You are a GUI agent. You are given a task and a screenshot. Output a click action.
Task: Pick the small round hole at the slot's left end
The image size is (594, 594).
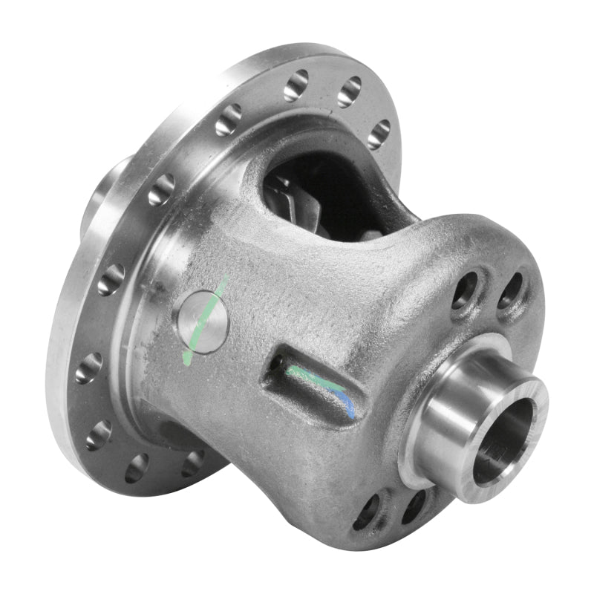click(x=277, y=363)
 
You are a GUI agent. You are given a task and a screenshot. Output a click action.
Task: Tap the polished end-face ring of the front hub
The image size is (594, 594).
click(x=475, y=475)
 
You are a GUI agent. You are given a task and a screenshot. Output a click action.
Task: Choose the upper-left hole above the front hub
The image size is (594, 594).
click(x=464, y=290)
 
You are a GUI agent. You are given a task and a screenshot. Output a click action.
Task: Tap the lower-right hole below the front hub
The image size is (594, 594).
click(x=411, y=505)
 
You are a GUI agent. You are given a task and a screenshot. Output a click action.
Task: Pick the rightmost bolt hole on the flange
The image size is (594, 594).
click(x=379, y=134)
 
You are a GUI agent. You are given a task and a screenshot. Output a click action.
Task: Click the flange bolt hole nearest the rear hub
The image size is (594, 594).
click(x=160, y=189)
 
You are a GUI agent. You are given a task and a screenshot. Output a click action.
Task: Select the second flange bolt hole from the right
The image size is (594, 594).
click(x=348, y=92)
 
